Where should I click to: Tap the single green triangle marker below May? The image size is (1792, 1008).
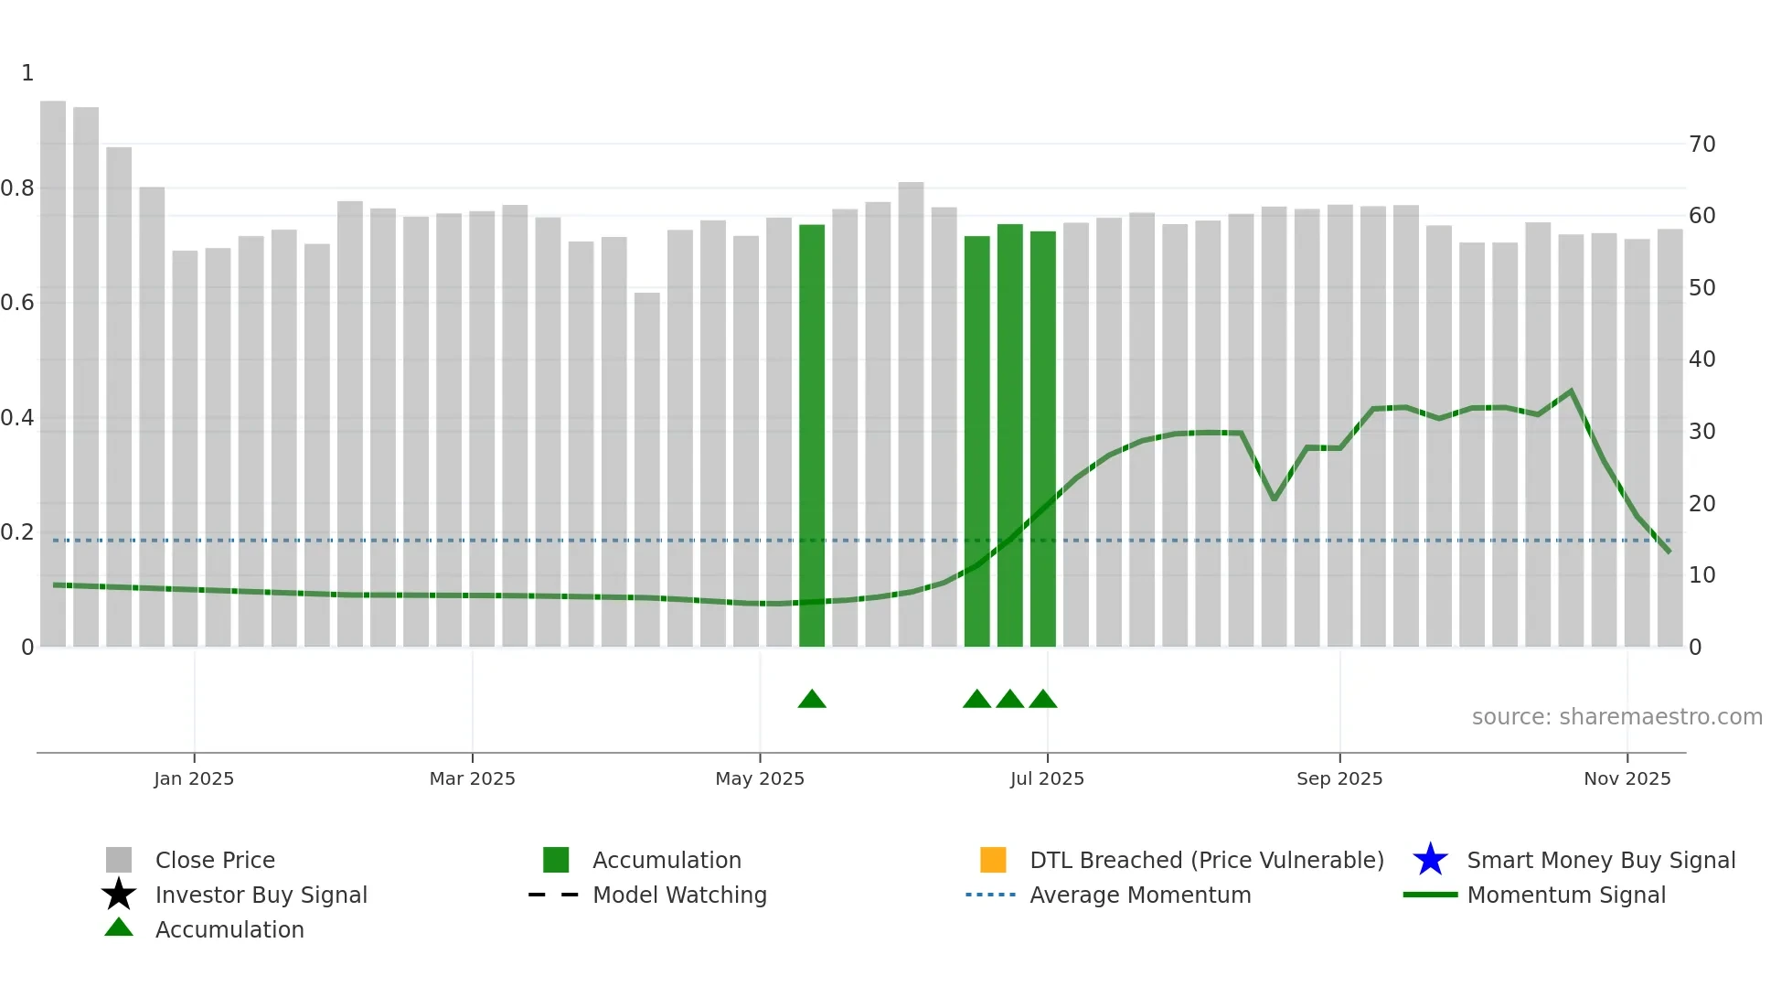pyautogui.click(x=812, y=700)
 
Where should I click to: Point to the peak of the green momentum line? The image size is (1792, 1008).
pyautogui.click(x=1571, y=391)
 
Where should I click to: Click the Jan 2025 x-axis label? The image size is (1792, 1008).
pyautogui.click(x=194, y=778)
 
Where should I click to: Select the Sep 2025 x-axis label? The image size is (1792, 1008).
pyautogui.click(x=1339, y=778)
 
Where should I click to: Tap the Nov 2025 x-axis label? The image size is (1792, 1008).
pyautogui.click(x=1627, y=778)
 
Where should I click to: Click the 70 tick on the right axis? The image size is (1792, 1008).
pyautogui.click(x=1702, y=145)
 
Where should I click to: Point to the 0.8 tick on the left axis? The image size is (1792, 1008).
pyautogui.click(x=17, y=188)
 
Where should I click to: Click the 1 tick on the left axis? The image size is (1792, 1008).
pyautogui.click(x=27, y=73)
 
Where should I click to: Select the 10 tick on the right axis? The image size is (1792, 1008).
pyautogui.click(x=1702, y=575)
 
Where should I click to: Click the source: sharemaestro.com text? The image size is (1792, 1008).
pyautogui.click(x=1616, y=717)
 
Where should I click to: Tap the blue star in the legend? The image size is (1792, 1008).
pyautogui.click(x=1430, y=860)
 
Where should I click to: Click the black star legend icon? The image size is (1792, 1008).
pyautogui.click(x=119, y=895)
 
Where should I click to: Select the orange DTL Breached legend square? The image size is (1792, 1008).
pyautogui.click(x=993, y=860)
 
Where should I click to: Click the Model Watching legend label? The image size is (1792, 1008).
pyautogui.click(x=679, y=895)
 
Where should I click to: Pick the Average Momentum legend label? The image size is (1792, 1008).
pyautogui.click(x=1140, y=895)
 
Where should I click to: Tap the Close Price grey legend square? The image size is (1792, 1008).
pyautogui.click(x=119, y=860)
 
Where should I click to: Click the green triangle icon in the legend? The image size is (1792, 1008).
pyautogui.click(x=119, y=928)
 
